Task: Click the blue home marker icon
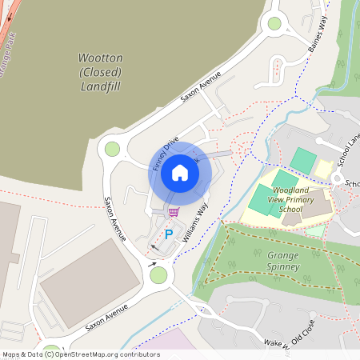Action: [180, 172]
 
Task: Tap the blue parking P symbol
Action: [168, 234]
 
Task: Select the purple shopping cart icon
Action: [173, 212]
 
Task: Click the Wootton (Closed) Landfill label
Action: [100, 72]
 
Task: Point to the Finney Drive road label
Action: [166, 151]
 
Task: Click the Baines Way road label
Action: [318, 35]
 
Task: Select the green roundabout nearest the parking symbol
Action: [158, 275]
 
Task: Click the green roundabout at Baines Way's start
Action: [275, 24]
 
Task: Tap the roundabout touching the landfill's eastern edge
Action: [112, 148]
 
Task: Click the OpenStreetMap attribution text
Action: [80, 354]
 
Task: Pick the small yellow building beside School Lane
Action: [323, 169]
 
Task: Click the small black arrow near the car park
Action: [153, 262]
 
